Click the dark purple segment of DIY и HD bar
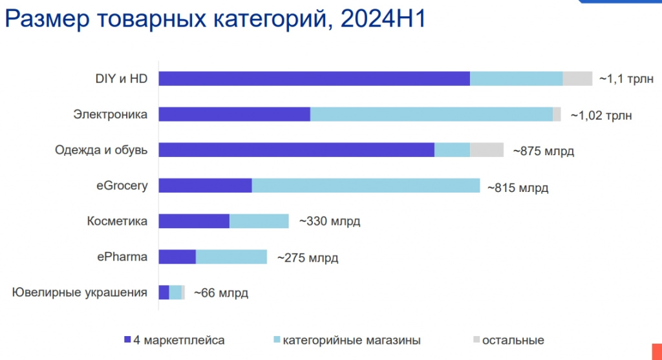pyautogui.click(x=314, y=79)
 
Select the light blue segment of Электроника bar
pyautogui.click(x=431, y=114)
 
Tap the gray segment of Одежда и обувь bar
pyautogui.click(x=486, y=150)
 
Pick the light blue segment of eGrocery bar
pyautogui.click(x=365, y=185)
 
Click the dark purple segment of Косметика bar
pyautogui.click(x=194, y=221)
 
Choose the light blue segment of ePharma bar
pyautogui.click(x=231, y=257)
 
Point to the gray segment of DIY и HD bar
pyautogui.click(x=577, y=79)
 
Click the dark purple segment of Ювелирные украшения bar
pyautogui.click(x=164, y=292)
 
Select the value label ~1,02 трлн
pyautogui.click(x=601, y=116)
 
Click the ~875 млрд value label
pyautogui.click(x=543, y=151)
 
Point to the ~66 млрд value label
pyautogui.click(x=220, y=293)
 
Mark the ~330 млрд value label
pyautogui.click(x=329, y=222)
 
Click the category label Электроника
pyautogui.click(x=111, y=114)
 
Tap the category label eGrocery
pyautogui.click(x=118, y=185)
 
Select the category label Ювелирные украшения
pyautogui.click(x=80, y=292)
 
